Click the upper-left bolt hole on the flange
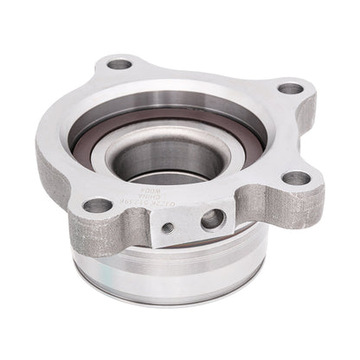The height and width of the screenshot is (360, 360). point(122,64)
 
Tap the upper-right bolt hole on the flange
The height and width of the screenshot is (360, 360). point(291,89)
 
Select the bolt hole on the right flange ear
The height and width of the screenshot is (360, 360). point(296,178)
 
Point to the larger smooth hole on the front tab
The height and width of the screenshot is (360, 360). point(211,220)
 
